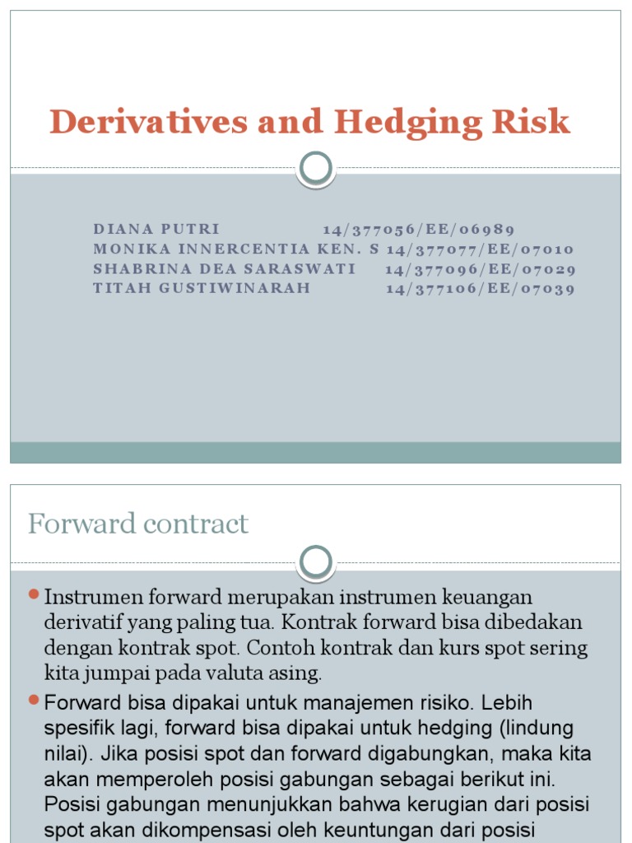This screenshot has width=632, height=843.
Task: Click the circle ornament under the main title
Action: point(316,168)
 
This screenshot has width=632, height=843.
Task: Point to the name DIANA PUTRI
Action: point(157,229)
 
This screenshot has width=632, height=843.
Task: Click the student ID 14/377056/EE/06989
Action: point(419,229)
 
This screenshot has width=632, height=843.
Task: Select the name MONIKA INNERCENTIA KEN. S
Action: point(237,249)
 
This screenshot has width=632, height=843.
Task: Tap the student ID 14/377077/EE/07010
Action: point(480,249)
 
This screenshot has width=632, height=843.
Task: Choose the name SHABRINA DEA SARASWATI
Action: point(225,268)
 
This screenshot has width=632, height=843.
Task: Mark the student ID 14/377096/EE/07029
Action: point(480,268)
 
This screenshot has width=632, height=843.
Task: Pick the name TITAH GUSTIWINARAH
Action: point(202,288)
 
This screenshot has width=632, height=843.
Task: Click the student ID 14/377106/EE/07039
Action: point(480,288)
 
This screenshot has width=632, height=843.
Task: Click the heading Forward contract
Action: point(138,524)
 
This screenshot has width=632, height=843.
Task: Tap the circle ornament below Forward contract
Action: point(316,563)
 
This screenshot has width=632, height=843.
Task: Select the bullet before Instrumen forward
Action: point(34,594)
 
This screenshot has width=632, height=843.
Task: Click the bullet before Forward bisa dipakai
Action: point(34,700)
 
